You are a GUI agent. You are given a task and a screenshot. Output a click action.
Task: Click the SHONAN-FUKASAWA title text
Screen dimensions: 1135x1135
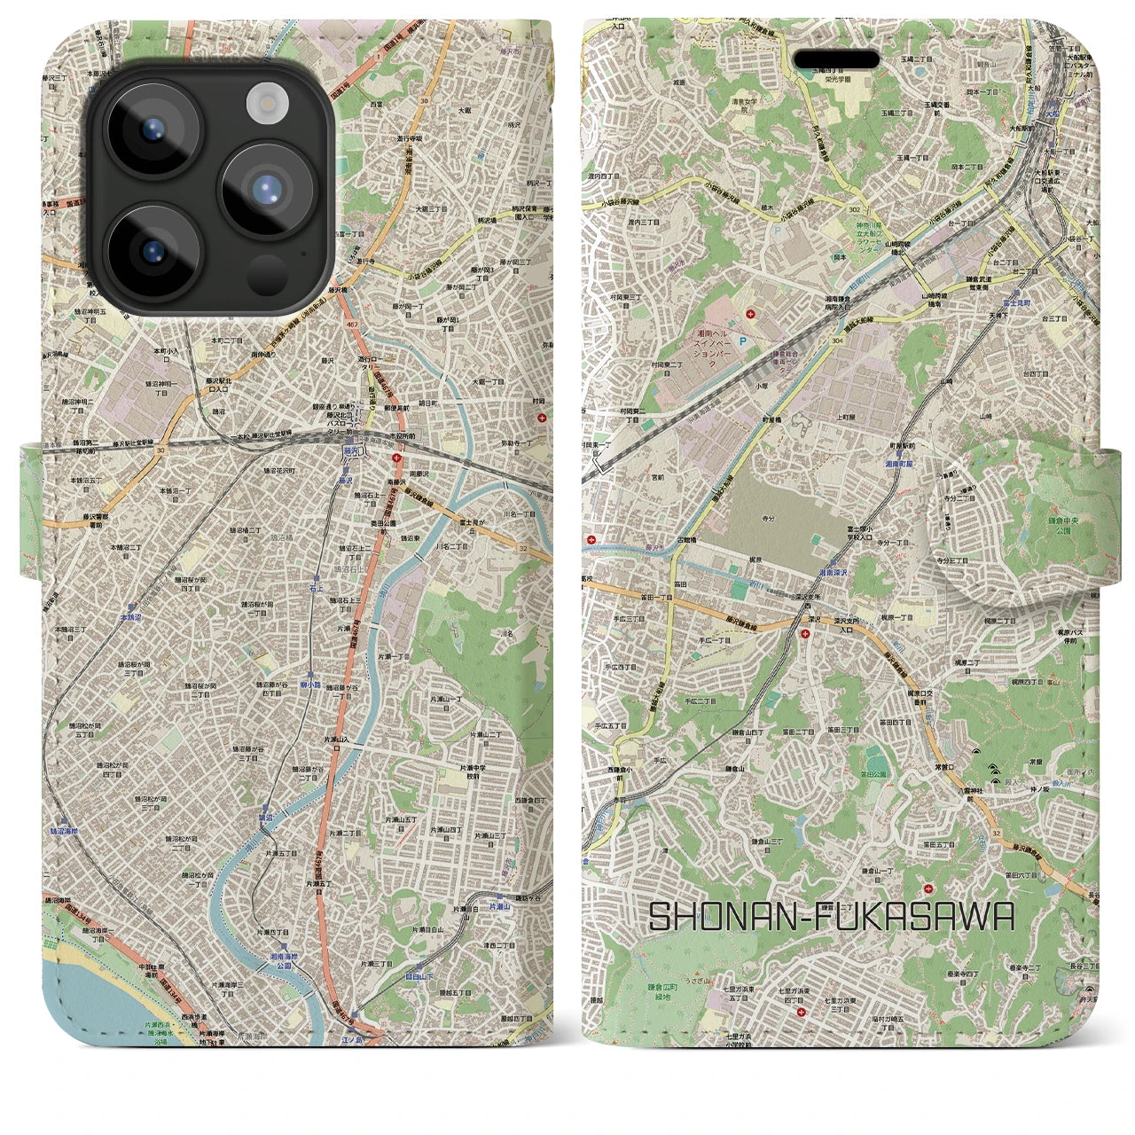(831, 917)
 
